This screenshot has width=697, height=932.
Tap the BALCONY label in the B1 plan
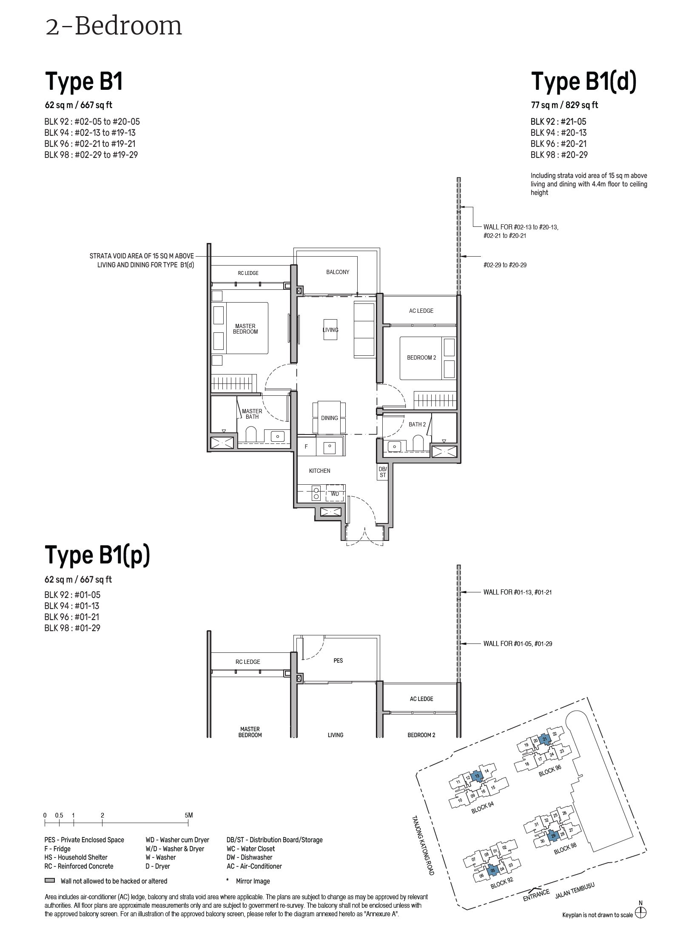pos(337,272)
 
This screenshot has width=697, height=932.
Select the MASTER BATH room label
pos(252,414)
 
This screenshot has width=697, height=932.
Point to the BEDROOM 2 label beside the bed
pos(421,357)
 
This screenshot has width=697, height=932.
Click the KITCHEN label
pos(319,471)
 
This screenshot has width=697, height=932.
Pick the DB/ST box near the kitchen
pos(382,472)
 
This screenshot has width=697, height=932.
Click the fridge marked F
pos(306,446)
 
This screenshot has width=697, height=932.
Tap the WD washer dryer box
pos(335,494)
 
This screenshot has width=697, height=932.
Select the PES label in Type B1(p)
pos(338,660)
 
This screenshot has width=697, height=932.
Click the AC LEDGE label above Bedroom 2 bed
pos(421,311)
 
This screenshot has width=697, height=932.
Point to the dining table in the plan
pos(329,417)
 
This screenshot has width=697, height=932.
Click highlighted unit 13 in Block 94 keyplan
pos(477,776)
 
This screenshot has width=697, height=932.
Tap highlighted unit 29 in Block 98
pos(553,835)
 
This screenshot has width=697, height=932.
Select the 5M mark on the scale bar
pos(189,815)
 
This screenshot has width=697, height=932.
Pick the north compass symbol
pos(640,914)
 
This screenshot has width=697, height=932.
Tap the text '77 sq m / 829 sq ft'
pos(564,105)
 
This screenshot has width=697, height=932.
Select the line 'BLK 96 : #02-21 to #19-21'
pos(90,144)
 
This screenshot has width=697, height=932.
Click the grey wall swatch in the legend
pos(50,881)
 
